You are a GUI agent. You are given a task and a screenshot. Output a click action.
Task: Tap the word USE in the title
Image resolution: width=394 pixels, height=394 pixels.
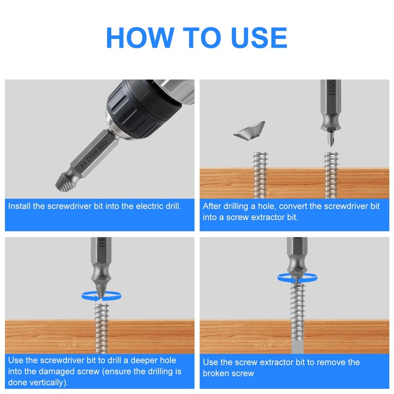point(259,37)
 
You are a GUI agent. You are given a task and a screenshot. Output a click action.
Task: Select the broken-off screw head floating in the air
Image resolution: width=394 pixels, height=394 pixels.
point(250,131)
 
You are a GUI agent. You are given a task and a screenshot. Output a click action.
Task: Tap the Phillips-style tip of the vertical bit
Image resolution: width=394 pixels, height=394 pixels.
point(331,139)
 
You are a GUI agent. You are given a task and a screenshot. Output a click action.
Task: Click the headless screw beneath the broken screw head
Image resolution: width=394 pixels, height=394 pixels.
point(260,175)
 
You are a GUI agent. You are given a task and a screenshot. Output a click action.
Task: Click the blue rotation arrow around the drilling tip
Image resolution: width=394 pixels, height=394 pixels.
point(101,296)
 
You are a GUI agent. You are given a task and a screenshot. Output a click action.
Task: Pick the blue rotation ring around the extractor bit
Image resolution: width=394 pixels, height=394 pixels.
point(297,278)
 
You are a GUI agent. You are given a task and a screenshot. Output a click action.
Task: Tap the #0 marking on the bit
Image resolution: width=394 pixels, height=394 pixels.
point(101,242)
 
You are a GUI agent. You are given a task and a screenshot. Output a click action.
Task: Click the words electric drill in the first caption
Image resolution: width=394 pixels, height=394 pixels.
point(158,206)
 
